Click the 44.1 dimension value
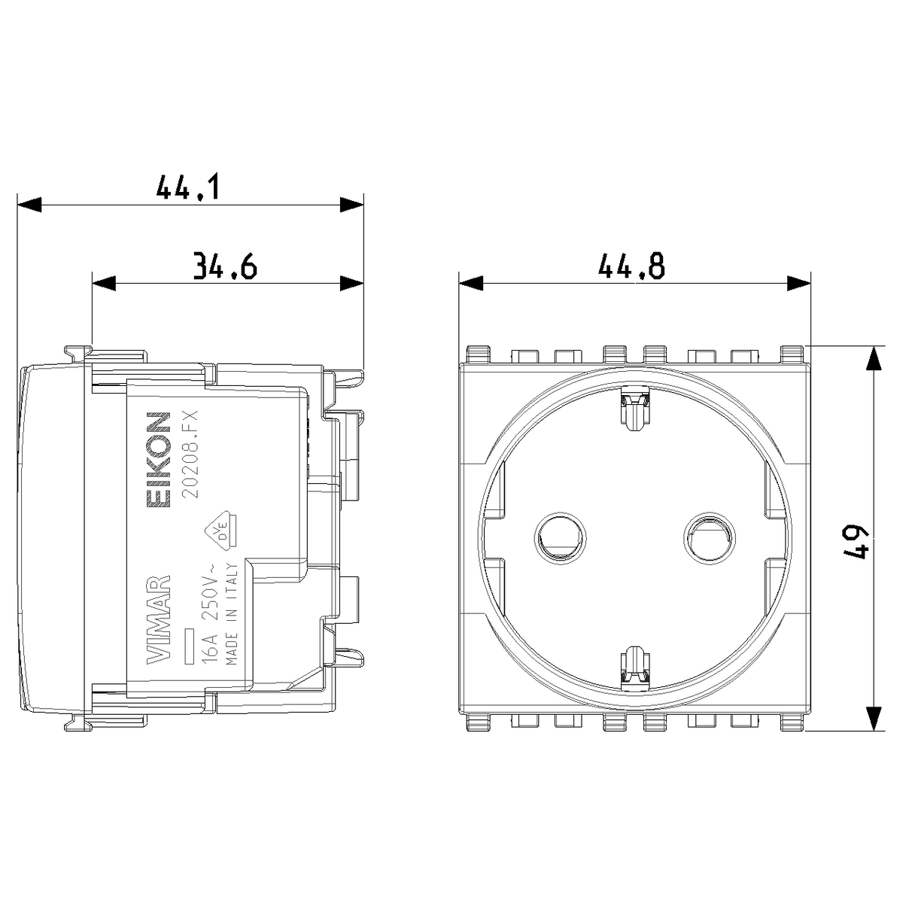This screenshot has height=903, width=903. pos(187,187)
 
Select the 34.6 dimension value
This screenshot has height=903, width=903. pos(226,266)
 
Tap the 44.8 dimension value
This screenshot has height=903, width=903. pos(631,266)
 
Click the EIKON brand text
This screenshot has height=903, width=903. pos(158,460)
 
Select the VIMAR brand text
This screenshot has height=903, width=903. pos(158,619)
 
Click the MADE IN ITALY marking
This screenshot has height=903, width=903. pos(232,613)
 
